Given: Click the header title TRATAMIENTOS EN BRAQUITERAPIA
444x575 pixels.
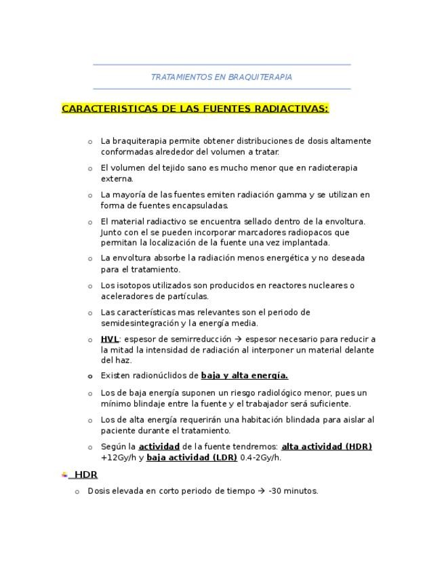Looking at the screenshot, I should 222,77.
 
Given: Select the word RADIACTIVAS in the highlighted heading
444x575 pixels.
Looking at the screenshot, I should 292,108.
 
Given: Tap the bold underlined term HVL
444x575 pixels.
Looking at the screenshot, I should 110,339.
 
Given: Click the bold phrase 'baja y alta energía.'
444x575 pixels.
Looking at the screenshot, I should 245,376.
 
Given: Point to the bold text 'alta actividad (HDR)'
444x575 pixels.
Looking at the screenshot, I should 327,446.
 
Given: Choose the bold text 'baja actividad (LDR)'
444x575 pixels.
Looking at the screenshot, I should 192,457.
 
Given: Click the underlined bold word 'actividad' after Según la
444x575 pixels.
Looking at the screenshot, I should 159,446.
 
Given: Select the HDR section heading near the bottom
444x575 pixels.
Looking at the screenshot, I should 86,475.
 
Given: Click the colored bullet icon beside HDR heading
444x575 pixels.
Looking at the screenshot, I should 64,475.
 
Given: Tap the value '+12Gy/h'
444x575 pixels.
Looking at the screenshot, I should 116,457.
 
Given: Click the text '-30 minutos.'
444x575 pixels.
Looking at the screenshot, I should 293,491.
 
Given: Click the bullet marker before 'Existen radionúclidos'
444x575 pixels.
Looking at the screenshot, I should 90,376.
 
